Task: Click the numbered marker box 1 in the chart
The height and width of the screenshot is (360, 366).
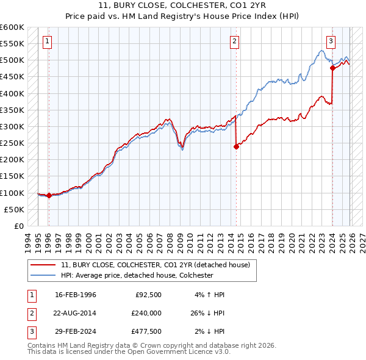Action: [x=48, y=41]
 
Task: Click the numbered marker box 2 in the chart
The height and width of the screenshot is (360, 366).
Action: [x=235, y=41]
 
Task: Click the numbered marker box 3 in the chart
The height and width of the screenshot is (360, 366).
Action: [x=331, y=41]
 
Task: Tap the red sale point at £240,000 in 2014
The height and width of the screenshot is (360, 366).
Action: [x=236, y=146]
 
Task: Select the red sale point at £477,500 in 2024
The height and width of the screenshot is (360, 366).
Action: [x=332, y=68]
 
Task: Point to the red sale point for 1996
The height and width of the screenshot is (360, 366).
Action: [x=49, y=195]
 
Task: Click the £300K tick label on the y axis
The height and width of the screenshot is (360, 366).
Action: [x=12, y=127]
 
